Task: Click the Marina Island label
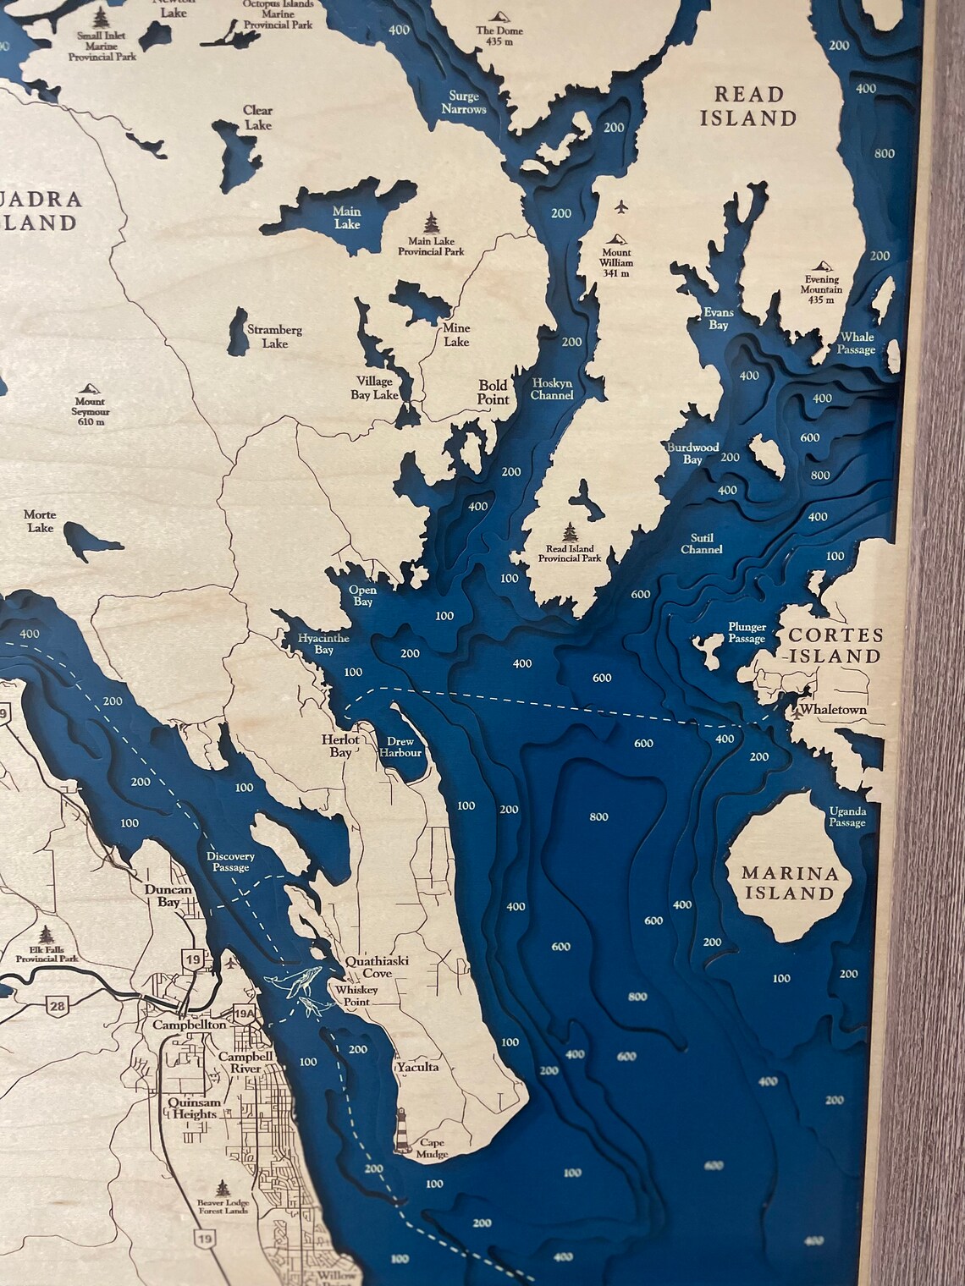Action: point(789,882)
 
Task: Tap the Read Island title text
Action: point(749,106)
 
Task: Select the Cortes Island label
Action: point(835,646)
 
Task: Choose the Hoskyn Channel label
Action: point(552,389)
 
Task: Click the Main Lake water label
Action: point(347,217)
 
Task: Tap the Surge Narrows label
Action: point(463,102)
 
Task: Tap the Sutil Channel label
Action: point(702,543)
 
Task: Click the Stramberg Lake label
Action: point(274,337)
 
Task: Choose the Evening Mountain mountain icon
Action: point(822,265)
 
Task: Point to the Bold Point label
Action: point(493,391)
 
